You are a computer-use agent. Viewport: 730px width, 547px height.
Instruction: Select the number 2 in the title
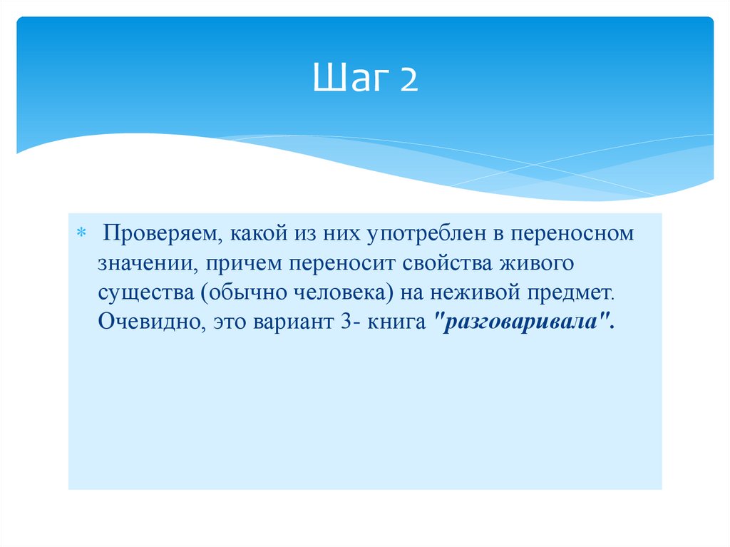click(408, 81)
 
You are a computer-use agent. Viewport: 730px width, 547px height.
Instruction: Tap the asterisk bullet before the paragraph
click(81, 234)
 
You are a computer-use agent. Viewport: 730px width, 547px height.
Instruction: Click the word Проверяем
click(163, 235)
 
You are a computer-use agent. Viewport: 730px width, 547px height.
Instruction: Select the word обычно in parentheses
click(240, 292)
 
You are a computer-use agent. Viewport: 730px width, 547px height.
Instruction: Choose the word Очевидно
click(148, 322)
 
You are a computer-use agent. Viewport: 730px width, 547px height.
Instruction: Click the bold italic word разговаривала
click(521, 322)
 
